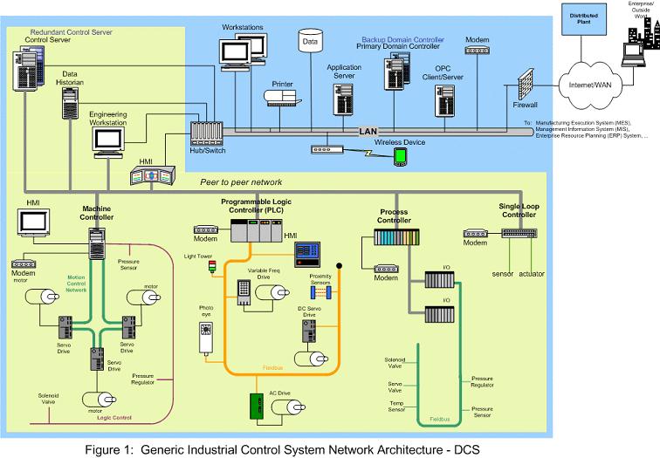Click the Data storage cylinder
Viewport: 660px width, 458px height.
coord(309,40)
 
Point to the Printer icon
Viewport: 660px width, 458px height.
coord(280,98)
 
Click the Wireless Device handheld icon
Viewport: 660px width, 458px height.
coord(400,157)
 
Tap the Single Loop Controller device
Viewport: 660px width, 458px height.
coord(519,233)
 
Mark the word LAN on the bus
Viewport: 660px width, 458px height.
coord(368,131)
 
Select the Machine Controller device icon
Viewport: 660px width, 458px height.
coord(95,236)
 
